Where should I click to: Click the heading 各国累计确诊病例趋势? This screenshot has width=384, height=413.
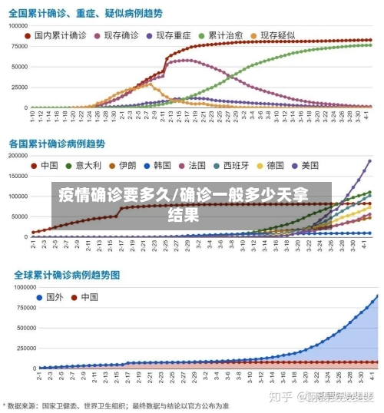[x=58, y=144]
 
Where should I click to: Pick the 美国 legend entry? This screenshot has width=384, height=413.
[x=310, y=165]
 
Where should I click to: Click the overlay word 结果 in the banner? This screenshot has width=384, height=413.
[x=184, y=214]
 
